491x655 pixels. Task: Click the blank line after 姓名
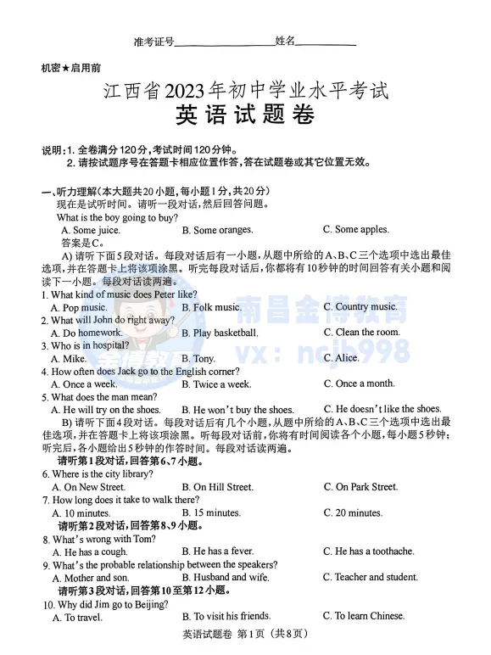pos(326,42)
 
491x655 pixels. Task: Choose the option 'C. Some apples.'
pos(355,229)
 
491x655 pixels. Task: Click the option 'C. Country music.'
pos(366,306)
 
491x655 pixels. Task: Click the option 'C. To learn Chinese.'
pos(364,616)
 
